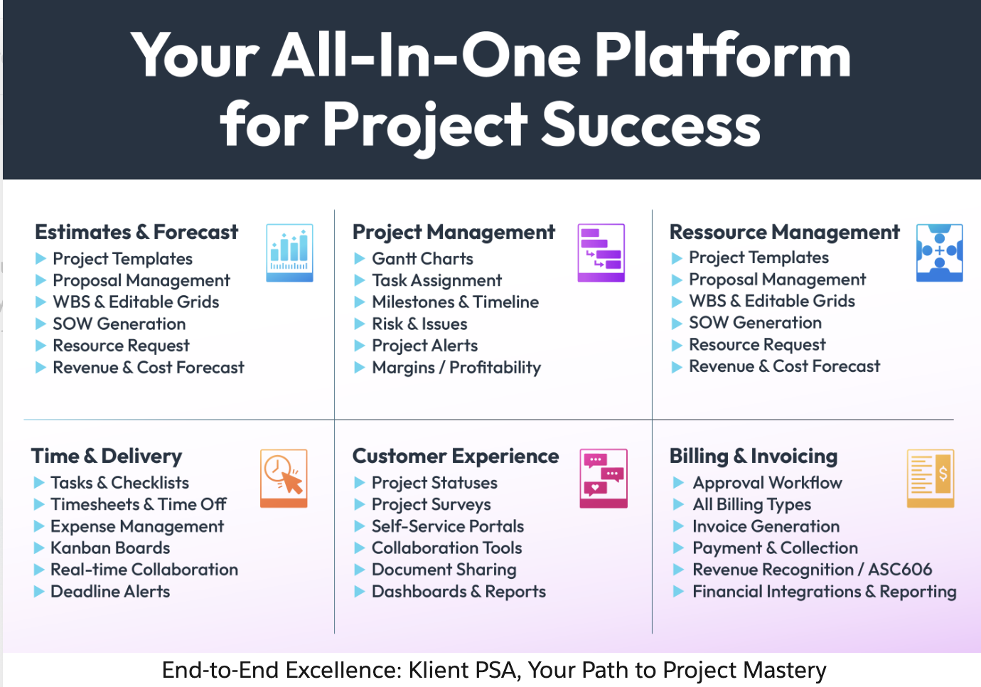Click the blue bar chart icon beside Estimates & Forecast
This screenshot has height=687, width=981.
pos(289,252)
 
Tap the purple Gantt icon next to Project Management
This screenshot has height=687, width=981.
pos(601,252)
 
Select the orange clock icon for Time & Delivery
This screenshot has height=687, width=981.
pos(284,479)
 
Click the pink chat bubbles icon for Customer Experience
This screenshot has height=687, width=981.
pos(604,479)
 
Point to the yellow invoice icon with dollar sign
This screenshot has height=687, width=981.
pos(931,479)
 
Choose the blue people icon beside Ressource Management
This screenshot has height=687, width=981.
pos(939,252)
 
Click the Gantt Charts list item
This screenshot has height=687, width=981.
pos(423,259)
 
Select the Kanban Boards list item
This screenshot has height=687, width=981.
pos(110,548)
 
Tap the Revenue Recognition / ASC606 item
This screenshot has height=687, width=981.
pos(813,570)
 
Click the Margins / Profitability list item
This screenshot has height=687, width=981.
pos(456,368)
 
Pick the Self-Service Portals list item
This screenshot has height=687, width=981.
pos(448,526)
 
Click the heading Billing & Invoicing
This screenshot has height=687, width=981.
pos(754,456)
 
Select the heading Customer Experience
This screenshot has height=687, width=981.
pos(456,456)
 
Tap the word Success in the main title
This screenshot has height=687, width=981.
pos(651,124)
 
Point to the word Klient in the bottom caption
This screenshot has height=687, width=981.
pos(439,670)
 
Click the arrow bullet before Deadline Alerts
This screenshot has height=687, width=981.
pos(39,592)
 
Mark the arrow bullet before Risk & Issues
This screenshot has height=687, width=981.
pos(359,324)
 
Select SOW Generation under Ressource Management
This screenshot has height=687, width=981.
pos(755,323)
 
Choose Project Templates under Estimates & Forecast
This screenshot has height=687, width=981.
pos(122,259)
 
